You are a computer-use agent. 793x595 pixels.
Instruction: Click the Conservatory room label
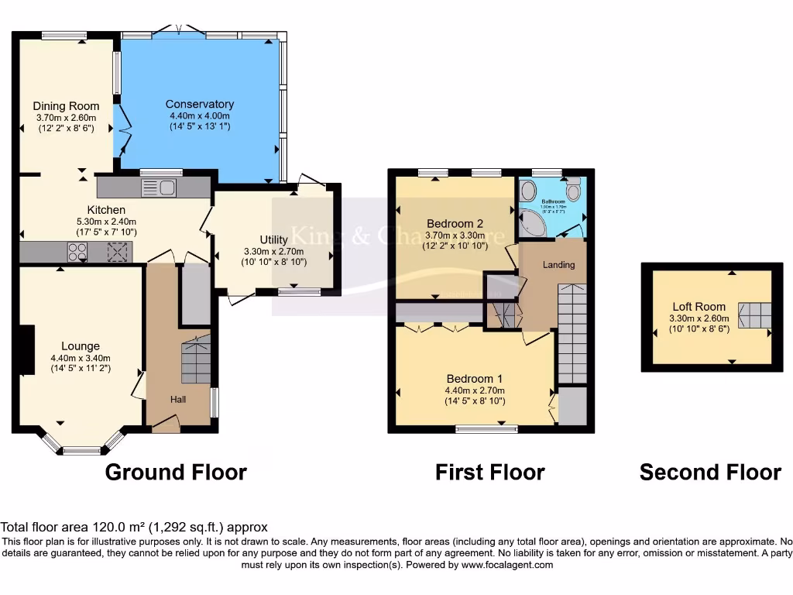200,104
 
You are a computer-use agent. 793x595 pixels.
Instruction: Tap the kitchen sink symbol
160,187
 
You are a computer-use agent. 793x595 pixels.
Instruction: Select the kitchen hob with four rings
77,252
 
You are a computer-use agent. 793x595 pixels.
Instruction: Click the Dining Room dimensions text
66,122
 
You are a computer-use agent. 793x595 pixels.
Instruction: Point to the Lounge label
81,346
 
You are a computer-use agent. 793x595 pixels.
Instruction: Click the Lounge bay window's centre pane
81,450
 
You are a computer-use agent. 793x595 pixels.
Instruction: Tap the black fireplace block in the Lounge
27,350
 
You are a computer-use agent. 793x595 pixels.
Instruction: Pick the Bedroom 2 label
453,224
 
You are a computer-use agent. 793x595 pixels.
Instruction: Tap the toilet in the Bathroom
573,189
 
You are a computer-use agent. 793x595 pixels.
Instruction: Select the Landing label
558,265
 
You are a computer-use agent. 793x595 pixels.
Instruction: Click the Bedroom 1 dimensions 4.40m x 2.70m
475,390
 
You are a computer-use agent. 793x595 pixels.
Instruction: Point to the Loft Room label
699,307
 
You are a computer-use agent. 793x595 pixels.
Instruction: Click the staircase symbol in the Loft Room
755,315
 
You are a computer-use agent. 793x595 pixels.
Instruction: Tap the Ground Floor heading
176,472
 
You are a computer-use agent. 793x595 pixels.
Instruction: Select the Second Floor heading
710,472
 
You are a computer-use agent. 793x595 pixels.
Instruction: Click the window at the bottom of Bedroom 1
486,428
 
